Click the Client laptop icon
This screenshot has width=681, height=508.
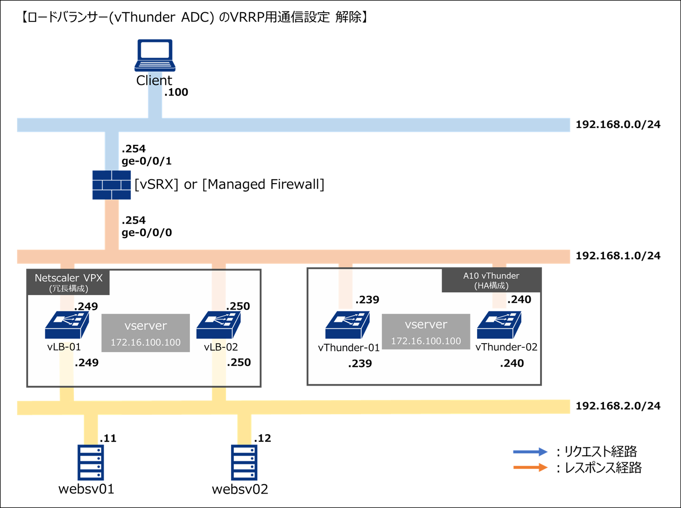coord(155,55)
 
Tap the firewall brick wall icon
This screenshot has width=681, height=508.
coord(112,185)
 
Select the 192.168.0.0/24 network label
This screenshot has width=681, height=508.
coord(618,125)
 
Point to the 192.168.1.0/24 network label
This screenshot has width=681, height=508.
coord(618,256)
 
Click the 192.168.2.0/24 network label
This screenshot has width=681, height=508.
coord(618,406)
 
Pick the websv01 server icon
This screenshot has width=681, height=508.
coord(91,462)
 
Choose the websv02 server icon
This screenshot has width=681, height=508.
coord(244,462)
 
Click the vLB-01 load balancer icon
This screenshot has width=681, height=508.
coord(67,325)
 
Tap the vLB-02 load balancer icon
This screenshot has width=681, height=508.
coord(218,325)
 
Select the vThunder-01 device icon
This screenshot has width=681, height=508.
coord(347,325)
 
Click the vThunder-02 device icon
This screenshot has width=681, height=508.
coord(499,325)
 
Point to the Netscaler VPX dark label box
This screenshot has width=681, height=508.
coord(68,282)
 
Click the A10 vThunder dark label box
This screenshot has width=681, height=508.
coord(491,280)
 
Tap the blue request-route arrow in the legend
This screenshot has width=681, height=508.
coord(530,452)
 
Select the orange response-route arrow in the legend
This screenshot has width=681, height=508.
coord(530,467)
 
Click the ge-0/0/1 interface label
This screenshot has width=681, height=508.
coord(147,162)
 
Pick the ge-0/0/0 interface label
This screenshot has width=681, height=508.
coord(147,233)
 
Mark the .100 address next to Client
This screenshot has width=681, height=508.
coord(176,92)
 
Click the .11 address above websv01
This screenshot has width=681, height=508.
coord(108,438)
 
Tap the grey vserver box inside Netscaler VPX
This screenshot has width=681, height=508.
coord(146,333)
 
